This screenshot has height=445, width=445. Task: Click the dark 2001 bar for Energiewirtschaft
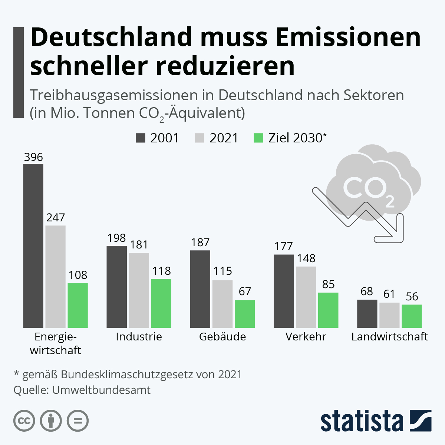coord(33,245)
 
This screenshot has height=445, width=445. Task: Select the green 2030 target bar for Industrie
coord(161,303)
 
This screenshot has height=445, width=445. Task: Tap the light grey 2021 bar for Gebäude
coord(222,304)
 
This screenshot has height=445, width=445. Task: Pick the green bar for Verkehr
coord(328,310)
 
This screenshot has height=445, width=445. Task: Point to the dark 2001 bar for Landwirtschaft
coord(367,313)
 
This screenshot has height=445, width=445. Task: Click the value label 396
coord(33,157)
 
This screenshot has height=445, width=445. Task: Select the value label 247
coord(56,218)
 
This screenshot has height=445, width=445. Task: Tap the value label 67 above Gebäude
coord(245,291)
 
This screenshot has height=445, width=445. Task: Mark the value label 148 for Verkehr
coord(306,258)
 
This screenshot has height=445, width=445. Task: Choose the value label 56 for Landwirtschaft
coord(412,297)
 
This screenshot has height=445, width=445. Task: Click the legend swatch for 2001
coord(141,138)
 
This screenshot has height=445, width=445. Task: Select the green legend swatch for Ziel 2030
coord(258,138)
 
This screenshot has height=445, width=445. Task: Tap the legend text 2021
coord(224,138)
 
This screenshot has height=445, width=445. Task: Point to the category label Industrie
coord(139,337)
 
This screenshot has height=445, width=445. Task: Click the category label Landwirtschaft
coord(389,337)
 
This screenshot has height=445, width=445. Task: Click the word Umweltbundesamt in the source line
coord(101,390)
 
